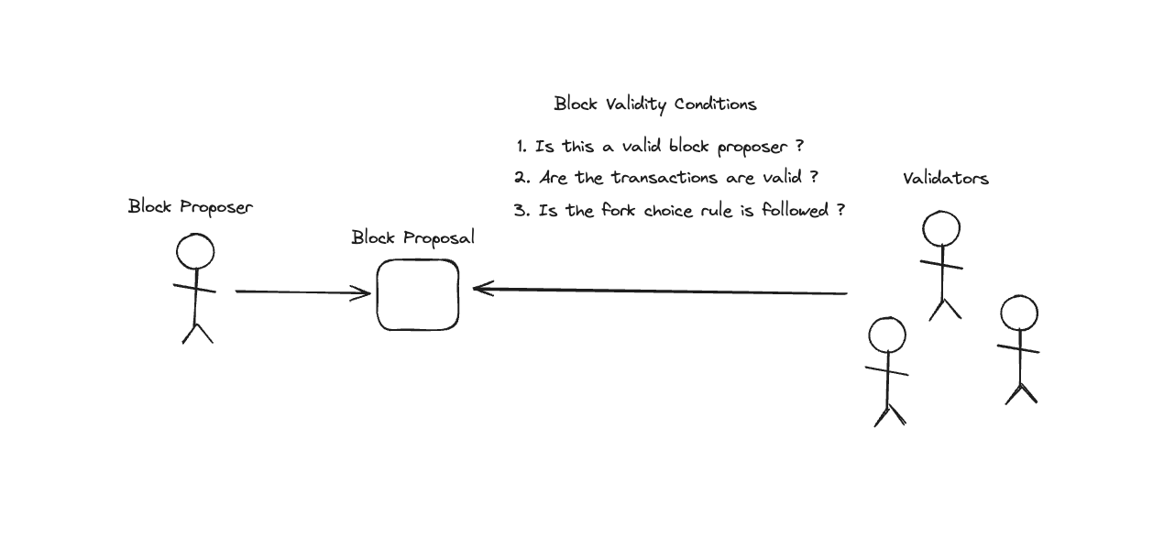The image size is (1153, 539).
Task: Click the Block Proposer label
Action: coord(190,206)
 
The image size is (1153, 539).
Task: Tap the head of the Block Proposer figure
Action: coord(195,251)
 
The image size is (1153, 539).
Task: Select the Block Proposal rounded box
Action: coord(417,294)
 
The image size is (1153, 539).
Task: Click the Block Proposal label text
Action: coord(412,237)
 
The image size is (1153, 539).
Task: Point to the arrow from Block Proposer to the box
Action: coord(302,292)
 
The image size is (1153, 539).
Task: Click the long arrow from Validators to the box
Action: coord(660,292)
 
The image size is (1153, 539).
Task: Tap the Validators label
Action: coord(945,178)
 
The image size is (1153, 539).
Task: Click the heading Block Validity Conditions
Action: coord(654,104)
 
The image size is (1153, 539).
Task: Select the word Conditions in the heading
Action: coord(715,104)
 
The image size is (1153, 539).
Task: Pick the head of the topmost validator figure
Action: coord(940,229)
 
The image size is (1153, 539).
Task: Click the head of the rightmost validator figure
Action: coord(1018,313)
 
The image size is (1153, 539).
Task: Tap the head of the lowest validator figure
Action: coord(886,335)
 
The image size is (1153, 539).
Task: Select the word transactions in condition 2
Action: coord(662,178)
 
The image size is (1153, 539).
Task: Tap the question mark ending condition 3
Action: coord(840,210)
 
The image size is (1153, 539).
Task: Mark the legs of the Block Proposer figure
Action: coord(197,332)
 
